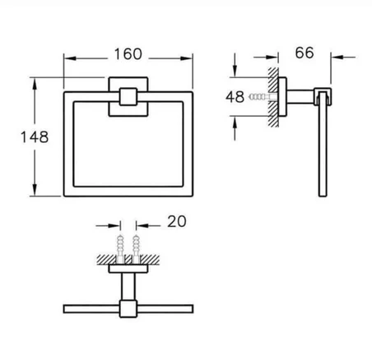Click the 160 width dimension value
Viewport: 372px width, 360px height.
pyautogui.click(x=128, y=54)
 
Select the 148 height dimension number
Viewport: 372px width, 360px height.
pyautogui.click(x=35, y=137)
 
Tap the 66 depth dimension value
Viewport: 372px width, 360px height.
pyautogui.click(x=305, y=53)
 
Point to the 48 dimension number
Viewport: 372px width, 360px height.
pyautogui.click(x=235, y=97)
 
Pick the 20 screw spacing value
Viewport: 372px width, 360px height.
pyautogui.click(x=177, y=221)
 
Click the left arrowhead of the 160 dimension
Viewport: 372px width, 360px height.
pyautogui.click(x=70, y=58)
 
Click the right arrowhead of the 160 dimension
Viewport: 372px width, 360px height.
pyautogui.click(x=186, y=58)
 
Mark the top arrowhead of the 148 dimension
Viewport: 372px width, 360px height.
pyautogui.click(x=35, y=84)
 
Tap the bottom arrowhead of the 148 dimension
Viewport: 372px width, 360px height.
pyautogui.click(x=35, y=190)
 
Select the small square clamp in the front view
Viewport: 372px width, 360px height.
pyautogui.click(x=128, y=97)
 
